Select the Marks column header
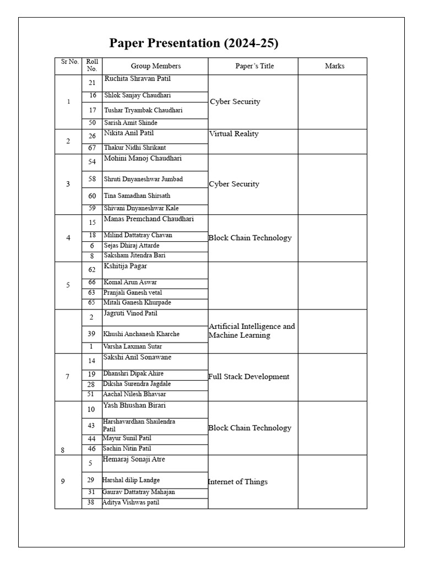pos(334,66)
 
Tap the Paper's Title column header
pos(254,66)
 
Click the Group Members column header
pos(155,66)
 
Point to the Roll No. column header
pos(92,66)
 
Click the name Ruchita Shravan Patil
pos(137,79)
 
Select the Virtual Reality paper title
pos(234,134)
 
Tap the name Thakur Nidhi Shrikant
pos(134,148)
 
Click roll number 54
pos(92,162)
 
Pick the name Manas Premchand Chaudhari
pos(148,219)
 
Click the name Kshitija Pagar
pos(125,266)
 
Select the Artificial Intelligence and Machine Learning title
pos(252,330)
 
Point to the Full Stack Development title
pos(248,377)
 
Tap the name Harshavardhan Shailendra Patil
pos(139,425)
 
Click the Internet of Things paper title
pos(237,482)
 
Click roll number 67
pos(92,148)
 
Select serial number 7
pos(68,377)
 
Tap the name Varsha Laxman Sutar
pos(132,346)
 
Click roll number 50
pos(92,123)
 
